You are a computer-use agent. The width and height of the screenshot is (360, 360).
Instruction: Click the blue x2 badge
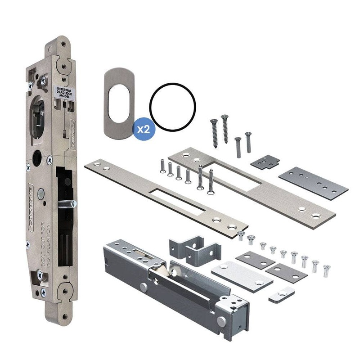point(144,128)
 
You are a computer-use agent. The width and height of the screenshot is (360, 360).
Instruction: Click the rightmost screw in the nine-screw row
point(326,270)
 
